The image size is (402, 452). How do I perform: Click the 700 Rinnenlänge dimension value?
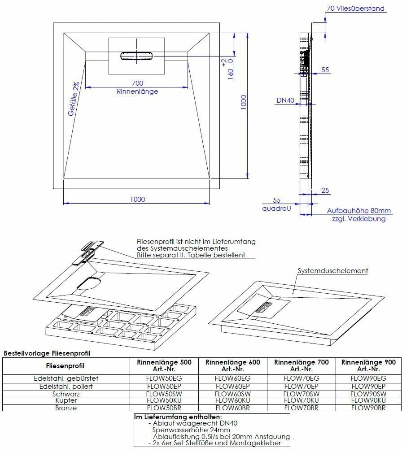click(137, 83)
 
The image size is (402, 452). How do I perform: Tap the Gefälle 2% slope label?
click(74, 99)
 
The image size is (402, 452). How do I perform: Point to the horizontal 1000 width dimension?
click(137, 199)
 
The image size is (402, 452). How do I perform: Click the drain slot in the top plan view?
click(136, 56)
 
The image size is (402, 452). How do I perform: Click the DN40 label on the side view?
click(285, 101)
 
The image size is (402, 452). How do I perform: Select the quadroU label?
click(275, 209)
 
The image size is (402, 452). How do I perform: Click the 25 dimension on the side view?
click(325, 191)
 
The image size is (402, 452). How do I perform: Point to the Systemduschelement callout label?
click(333, 270)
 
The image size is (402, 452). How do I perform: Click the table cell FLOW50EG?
click(164, 378)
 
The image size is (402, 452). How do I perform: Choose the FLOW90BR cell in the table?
click(368, 408)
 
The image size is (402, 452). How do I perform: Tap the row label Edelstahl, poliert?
click(66, 386)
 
